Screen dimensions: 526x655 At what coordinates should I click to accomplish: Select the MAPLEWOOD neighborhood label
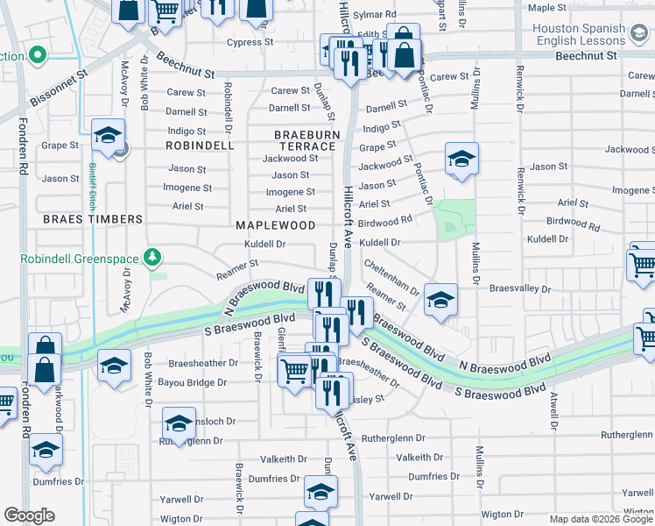tap(275, 225)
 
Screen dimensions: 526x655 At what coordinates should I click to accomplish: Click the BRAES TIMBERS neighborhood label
tap(91, 219)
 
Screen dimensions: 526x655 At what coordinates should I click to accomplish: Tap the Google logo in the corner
tap(29, 515)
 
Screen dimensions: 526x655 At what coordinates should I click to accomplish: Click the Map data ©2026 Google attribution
tap(600, 519)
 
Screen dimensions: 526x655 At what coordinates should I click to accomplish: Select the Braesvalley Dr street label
tap(519, 288)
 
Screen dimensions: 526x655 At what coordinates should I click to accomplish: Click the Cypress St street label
tap(250, 42)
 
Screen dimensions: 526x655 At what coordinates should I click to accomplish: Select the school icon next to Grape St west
tap(109, 136)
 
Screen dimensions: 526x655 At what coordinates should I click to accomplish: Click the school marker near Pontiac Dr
tap(461, 160)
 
